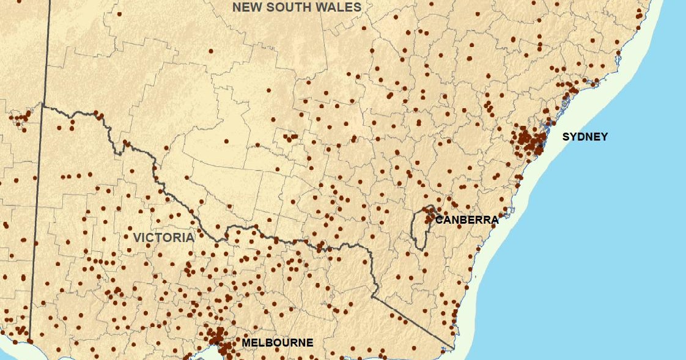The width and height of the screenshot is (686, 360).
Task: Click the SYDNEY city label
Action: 585,137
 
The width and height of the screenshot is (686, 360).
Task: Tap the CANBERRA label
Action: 467,220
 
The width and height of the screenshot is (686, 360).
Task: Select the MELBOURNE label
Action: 278,343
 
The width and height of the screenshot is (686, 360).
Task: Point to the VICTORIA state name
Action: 163,238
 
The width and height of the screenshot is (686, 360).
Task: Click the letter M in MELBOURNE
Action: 246,343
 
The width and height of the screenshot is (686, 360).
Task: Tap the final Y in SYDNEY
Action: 605,137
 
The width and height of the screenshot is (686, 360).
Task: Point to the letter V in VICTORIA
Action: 137,238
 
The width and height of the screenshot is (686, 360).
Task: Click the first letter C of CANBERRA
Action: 439,220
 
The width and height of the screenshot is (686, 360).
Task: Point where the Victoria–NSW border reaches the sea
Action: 454,348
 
